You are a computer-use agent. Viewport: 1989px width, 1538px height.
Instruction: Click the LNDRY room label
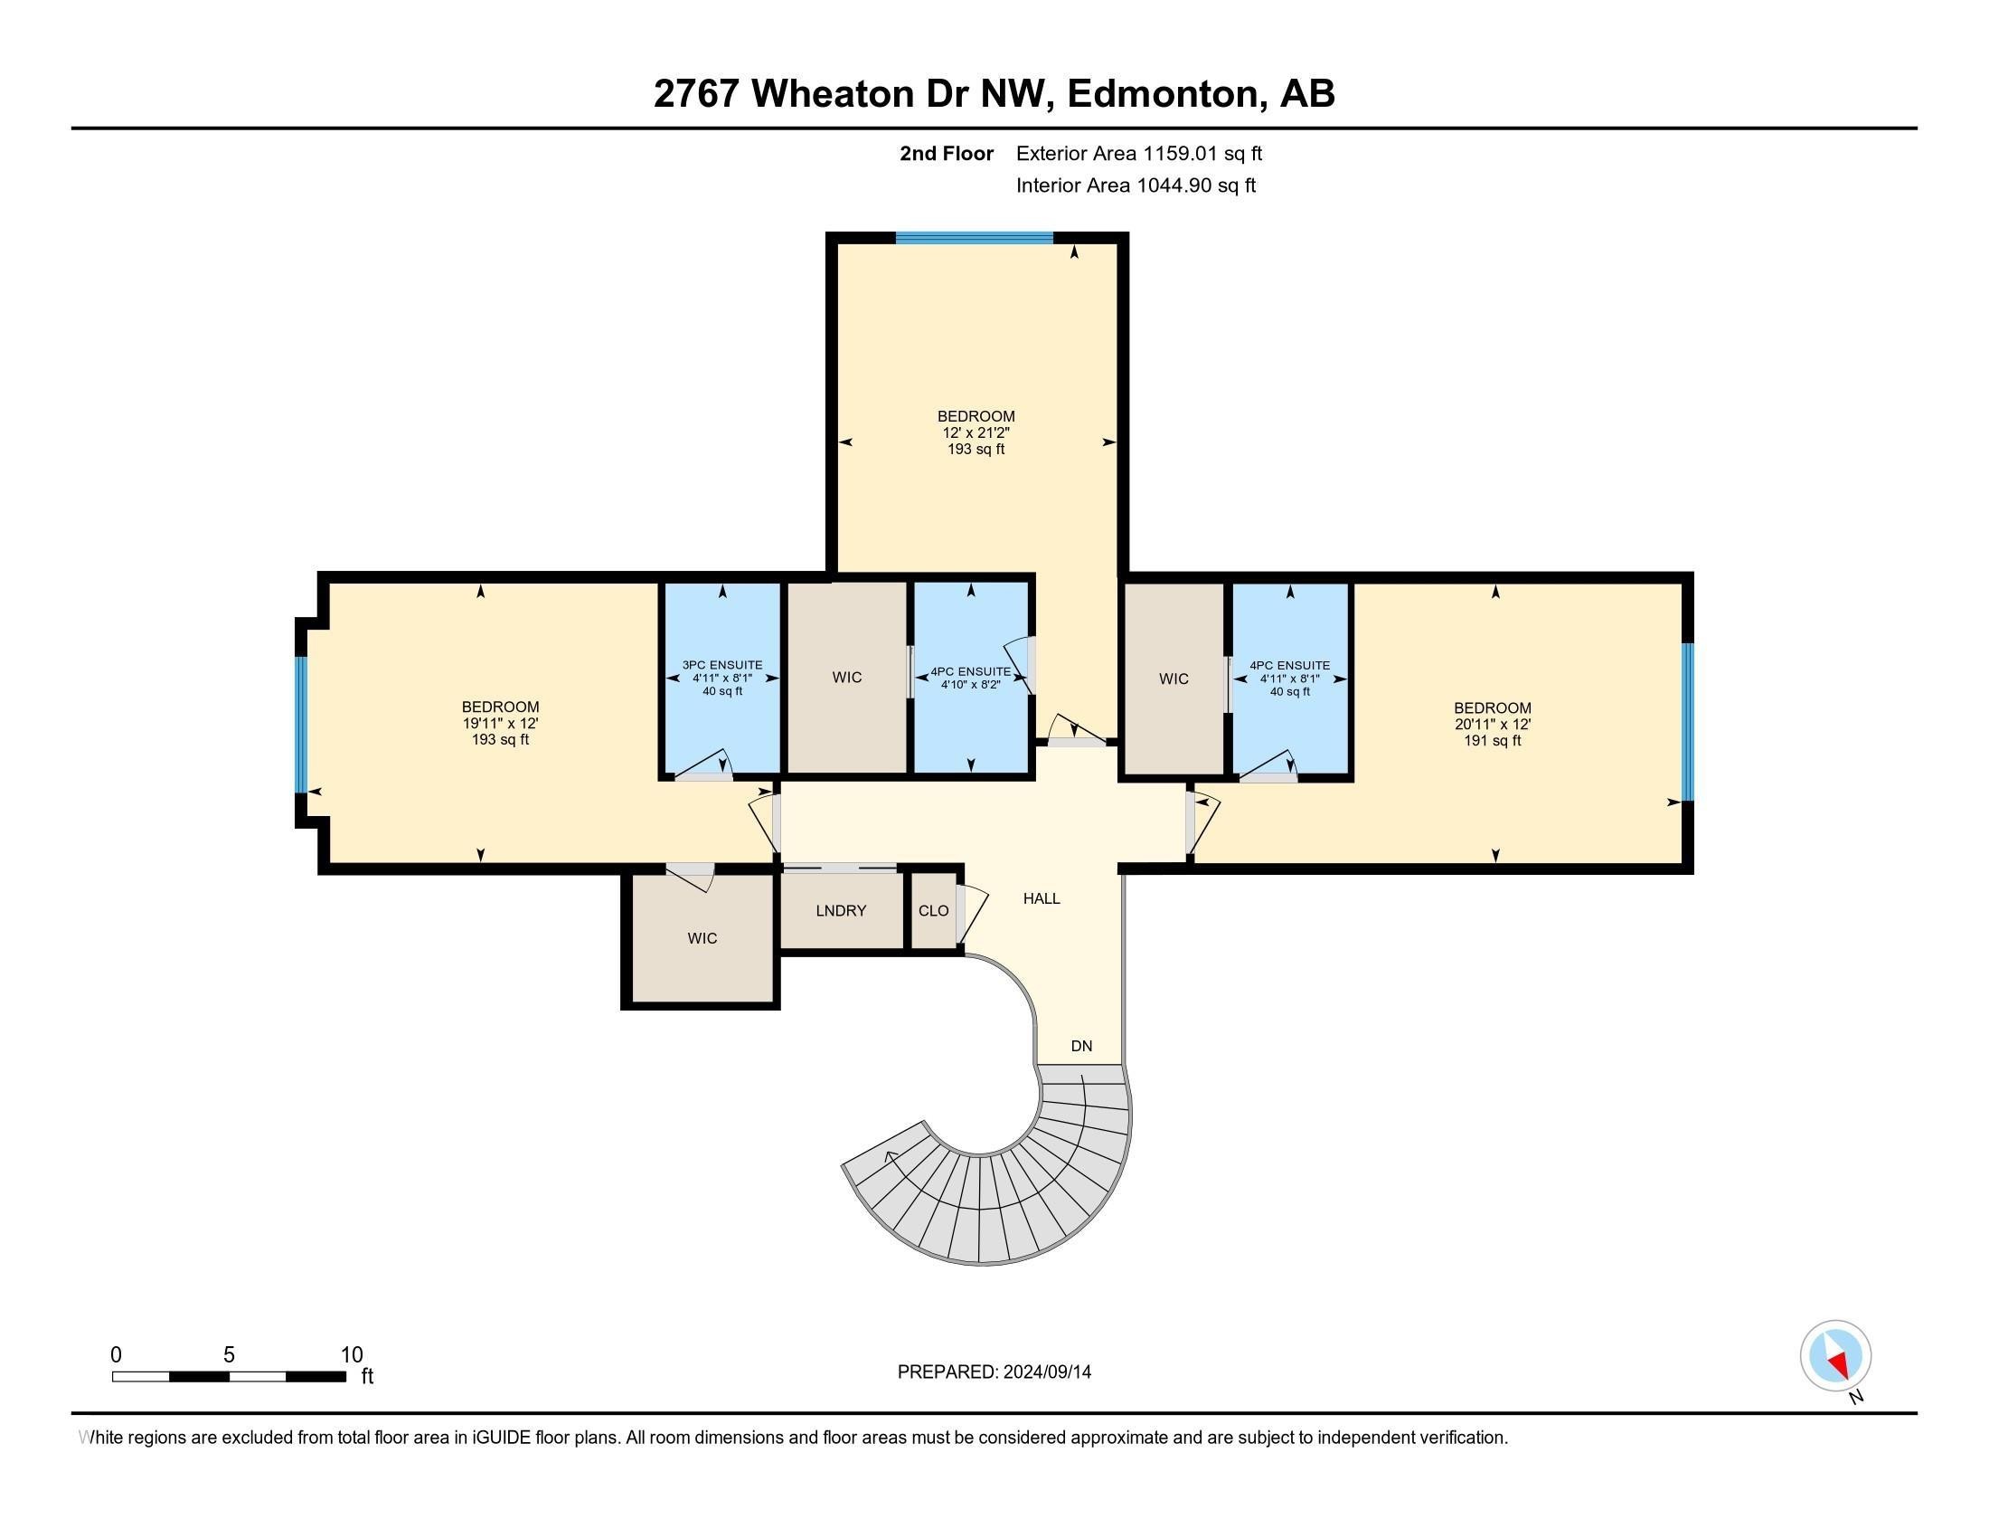coord(841,910)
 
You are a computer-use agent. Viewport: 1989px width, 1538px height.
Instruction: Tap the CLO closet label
coord(934,910)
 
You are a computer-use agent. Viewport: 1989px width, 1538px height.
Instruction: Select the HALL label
coord(1041,898)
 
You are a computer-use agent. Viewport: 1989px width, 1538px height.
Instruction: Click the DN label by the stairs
coord(1081,1046)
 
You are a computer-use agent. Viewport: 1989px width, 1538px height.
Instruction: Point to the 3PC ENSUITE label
coord(722,665)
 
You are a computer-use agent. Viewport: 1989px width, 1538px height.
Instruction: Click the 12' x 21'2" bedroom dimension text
coord(976,432)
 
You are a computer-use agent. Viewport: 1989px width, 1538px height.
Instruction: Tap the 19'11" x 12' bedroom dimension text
coord(500,723)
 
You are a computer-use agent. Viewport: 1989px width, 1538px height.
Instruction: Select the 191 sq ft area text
coord(1492,741)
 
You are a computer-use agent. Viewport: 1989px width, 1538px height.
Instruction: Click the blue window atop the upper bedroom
coord(974,238)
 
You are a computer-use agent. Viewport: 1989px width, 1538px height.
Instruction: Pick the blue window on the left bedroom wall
coord(300,725)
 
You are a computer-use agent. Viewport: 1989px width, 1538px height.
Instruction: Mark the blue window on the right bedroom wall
coord(1687,722)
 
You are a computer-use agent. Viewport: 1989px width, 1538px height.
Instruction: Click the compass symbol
coord(1835,1355)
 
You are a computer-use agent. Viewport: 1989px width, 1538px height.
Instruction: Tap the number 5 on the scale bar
coord(229,1355)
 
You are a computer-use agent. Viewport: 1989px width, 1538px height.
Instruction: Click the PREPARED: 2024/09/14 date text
coord(994,1372)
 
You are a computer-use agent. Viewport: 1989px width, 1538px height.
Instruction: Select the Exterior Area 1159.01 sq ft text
coord(1138,153)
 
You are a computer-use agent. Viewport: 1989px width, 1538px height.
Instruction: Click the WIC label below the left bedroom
coord(702,937)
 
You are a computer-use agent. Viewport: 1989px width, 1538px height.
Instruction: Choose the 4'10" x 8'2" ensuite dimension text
coord(970,685)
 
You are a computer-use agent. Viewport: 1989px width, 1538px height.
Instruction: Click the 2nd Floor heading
coord(947,153)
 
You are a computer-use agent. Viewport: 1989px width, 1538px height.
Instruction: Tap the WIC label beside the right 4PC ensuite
coord(1173,679)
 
